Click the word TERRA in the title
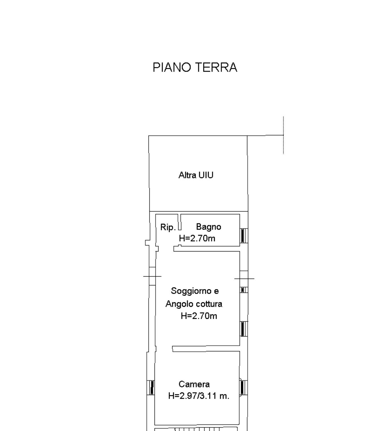(216, 67)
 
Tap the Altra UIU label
(196, 175)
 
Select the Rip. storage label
(168, 227)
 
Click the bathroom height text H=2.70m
(197, 238)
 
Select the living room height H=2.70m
(199, 316)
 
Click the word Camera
(194, 384)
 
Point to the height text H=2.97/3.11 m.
(199, 396)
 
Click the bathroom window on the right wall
(244, 236)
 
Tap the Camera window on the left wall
(151, 387)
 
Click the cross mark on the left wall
(152, 276)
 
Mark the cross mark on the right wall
(244, 279)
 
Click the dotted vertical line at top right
(283, 135)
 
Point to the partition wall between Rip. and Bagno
(180, 222)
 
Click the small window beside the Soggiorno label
(244, 290)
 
